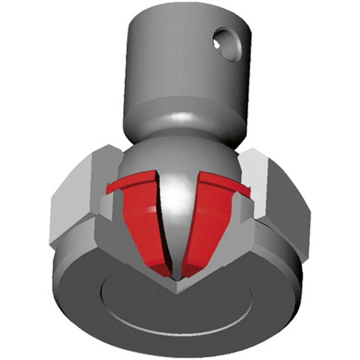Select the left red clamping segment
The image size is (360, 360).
click(x=139, y=220)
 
